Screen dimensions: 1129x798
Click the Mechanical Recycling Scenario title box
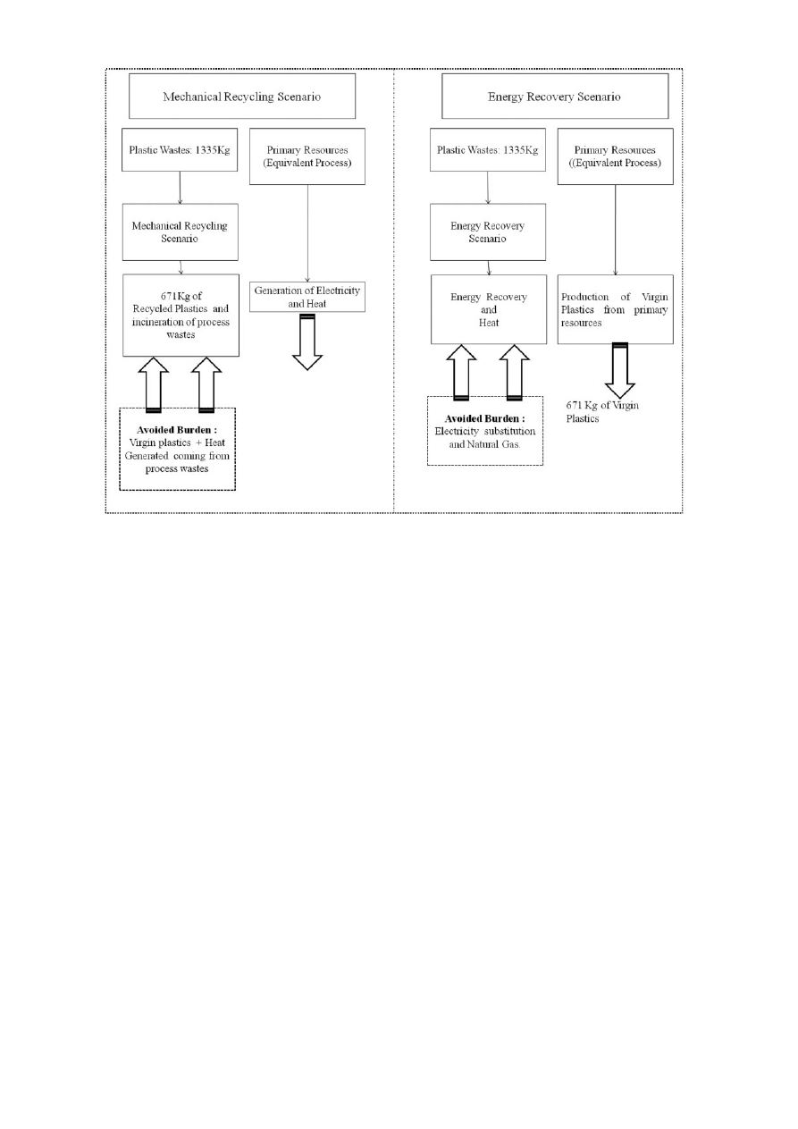point(242,97)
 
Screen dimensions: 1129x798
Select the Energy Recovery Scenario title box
point(554,97)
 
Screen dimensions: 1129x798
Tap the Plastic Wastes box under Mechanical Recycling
point(181,150)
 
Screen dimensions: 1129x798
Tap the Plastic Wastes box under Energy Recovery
point(487,150)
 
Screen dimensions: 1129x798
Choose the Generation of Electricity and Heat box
point(307,297)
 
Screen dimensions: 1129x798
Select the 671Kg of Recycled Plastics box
point(181,315)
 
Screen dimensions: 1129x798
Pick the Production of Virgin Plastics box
point(615,309)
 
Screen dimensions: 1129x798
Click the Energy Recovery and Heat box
point(487,309)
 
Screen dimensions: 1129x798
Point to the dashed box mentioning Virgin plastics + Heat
point(177,449)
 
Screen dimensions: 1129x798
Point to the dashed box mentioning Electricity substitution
point(485,431)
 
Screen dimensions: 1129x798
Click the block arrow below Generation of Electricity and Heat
point(307,343)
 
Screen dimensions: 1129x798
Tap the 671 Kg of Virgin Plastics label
point(603,412)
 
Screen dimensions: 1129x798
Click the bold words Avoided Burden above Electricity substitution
point(485,417)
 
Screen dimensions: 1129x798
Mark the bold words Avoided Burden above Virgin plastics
point(177,429)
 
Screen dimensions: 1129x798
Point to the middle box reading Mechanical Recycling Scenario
point(181,232)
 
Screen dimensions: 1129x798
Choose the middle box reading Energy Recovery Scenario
point(487,232)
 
